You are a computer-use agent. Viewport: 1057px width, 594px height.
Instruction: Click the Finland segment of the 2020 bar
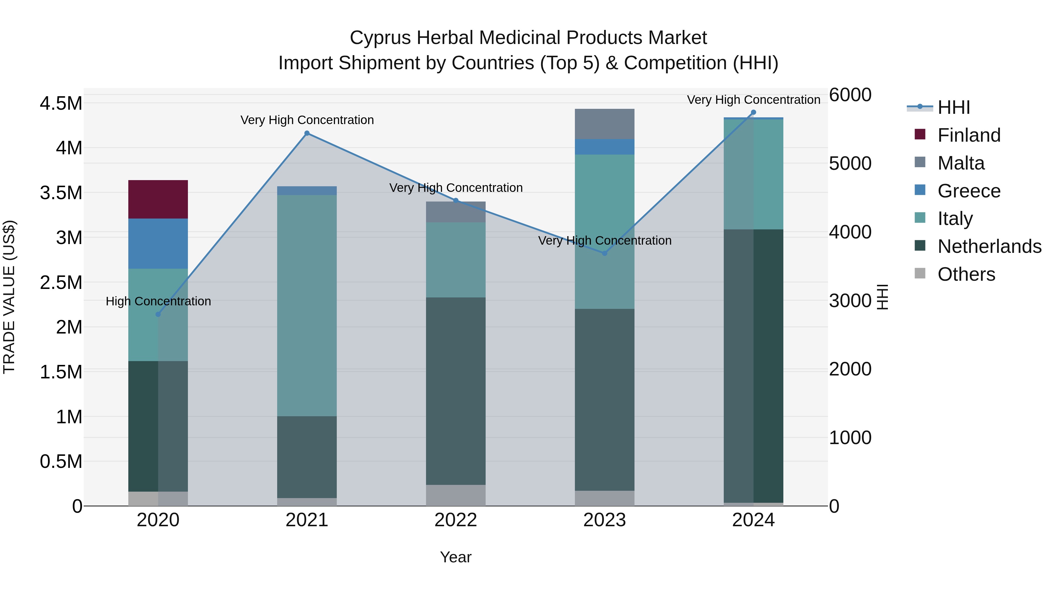(158, 199)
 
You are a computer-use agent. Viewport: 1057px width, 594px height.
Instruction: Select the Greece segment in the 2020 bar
(158, 243)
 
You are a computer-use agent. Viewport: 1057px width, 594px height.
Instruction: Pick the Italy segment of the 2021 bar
(307, 305)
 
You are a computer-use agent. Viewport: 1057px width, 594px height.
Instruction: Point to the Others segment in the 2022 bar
(455, 495)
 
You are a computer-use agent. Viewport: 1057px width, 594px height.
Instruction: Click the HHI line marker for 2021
(307, 133)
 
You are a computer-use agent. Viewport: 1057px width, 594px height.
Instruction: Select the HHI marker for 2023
(605, 253)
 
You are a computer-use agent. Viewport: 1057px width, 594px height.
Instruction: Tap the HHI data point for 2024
(753, 112)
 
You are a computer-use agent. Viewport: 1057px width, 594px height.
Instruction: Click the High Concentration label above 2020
(158, 301)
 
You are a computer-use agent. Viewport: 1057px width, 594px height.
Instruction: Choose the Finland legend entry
(969, 135)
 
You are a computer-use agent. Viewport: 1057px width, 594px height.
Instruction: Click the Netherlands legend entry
(989, 247)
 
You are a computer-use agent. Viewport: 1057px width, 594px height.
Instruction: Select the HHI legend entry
(954, 107)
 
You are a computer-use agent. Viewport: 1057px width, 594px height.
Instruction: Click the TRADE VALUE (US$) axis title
(9, 297)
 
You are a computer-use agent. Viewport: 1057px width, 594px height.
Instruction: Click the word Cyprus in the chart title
(380, 38)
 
